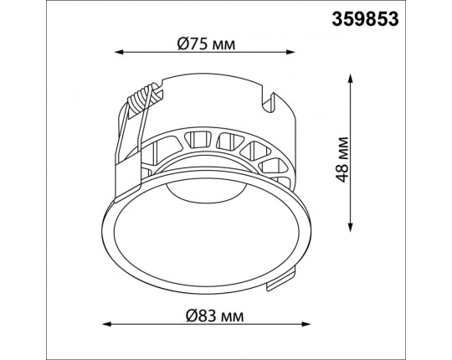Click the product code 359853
pos(365,19)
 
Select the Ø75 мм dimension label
pos(207,44)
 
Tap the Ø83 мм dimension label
pos(215,316)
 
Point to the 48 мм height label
pos(342,160)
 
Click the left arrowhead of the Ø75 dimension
pos(119,52)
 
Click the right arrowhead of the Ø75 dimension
pos(290,52)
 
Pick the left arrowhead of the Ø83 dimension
pos(107,324)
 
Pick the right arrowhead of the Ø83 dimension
pos(306,324)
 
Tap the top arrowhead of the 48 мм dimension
pos(350,79)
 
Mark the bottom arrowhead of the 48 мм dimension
pos(350,227)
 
